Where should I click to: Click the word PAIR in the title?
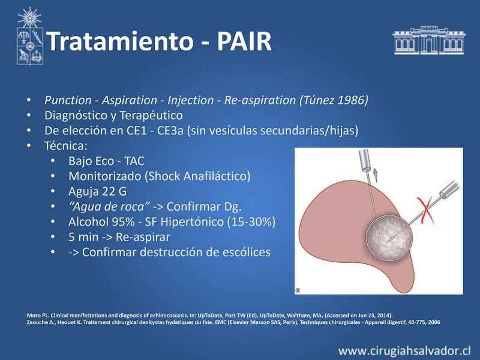coord(244,41)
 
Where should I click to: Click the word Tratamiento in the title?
coord(121,41)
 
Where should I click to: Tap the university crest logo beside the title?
coord(29,36)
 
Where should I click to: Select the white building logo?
coord(429,40)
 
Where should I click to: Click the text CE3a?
coord(170,131)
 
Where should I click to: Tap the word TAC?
coord(134,161)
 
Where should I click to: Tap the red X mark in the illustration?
coord(425,211)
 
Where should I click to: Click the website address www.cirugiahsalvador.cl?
coord(404,350)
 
